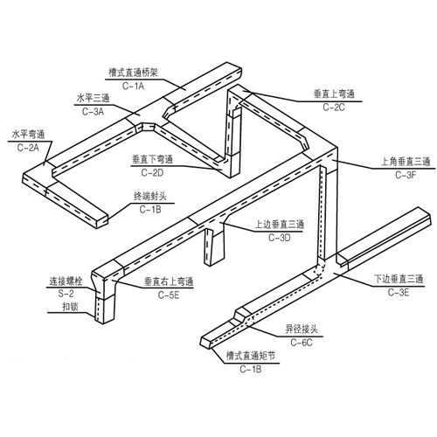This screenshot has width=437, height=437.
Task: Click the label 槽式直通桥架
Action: point(133,73)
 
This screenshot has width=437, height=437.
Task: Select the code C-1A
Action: point(133,86)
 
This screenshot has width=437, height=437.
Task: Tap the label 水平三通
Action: point(93,99)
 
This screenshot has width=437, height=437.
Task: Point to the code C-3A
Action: point(93,112)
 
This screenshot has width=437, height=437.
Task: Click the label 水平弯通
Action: point(28,135)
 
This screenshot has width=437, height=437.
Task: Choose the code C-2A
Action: point(28,148)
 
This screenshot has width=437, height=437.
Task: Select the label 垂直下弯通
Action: point(153,159)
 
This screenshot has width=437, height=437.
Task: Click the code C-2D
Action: point(152,173)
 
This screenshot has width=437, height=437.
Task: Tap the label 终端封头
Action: point(150,196)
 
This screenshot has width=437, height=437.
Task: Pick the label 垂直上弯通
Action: point(334,94)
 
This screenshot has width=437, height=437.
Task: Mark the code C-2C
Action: point(334,108)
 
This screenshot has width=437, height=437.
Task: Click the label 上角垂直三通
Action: point(406,162)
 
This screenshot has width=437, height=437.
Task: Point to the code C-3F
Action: point(406,175)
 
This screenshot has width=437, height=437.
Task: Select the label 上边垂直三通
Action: point(280,225)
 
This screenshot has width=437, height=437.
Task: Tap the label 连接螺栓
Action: point(66,281)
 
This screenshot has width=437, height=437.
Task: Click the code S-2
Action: point(66,294)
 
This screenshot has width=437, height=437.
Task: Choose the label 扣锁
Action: point(70,307)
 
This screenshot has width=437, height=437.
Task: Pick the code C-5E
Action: point(169,295)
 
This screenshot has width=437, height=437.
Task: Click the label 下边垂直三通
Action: point(399,279)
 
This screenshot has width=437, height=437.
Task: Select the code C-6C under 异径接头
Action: point(302,343)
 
